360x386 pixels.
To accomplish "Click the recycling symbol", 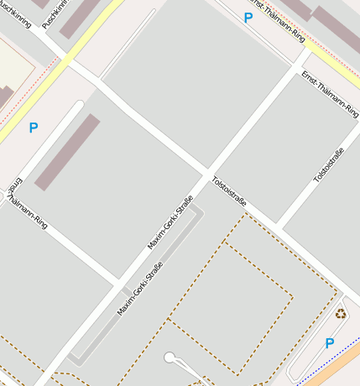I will pyautogui.click(x=341, y=314).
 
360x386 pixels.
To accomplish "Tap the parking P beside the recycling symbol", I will pyautogui.click(x=329, y=343).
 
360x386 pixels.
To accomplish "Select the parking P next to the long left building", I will pyautogui.click(x=34, y=128).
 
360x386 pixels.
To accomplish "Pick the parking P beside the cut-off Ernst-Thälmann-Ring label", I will pyautogui.click(x=248, y=18).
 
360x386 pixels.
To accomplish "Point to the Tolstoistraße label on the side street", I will pyautogui.click(x=328, y=165).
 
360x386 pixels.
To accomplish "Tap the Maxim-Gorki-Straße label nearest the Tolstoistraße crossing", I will pyautogui.click(x=170, y=222).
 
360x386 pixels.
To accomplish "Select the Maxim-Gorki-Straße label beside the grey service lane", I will pyautogui.click(x=139, y=289).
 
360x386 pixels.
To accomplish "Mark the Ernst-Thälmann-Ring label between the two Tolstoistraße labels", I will pyautogui.click(x=324, y=92).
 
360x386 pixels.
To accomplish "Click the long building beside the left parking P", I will pyautogui.click(x=67, y=152).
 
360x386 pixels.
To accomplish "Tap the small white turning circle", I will pyautogui.click(x=170, y=358).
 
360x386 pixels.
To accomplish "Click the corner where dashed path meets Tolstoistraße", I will pyautogui.click(x=246, y=213).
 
